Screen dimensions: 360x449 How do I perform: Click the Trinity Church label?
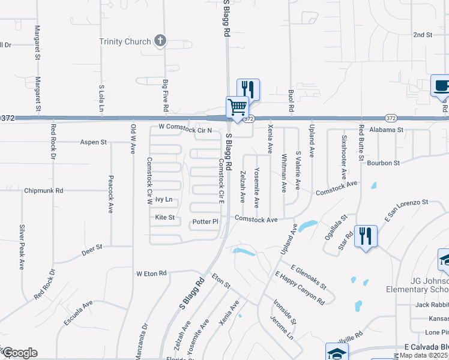click(x=124, y=41)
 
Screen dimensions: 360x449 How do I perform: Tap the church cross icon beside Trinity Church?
click(x=160, y=41)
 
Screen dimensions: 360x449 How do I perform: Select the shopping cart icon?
click(x=237, y=107)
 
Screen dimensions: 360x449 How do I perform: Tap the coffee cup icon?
click(x=442, y=85)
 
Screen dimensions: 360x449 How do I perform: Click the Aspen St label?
click(x=94, y=142)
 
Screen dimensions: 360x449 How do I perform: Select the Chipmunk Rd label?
click(x=43, y=191)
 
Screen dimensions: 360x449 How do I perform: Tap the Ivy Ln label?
click(x=164, y=199)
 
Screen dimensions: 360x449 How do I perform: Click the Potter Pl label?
click(x=205, y=222)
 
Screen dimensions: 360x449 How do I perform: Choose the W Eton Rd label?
click(x=151, y=273)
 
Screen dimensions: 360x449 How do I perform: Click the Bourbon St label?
click(x=384, y=163)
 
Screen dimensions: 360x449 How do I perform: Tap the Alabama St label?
click(x=386, y=130)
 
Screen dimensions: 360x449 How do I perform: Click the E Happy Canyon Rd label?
click(x=300, y=287)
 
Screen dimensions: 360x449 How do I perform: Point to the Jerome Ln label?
click(x=281, y=328)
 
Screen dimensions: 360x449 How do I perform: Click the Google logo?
click(x=19, y=353)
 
